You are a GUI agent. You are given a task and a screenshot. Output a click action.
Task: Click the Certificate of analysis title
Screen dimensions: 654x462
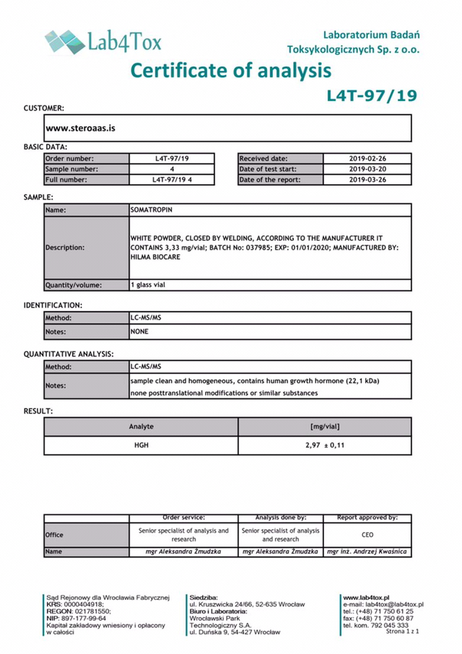(231, 70)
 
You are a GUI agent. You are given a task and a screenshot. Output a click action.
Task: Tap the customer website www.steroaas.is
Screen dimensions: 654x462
(81, 128)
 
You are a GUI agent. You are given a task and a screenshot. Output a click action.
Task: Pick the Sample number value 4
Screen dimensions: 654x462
(172, 169)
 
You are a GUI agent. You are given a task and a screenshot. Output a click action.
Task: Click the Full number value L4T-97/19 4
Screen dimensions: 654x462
(172, 180)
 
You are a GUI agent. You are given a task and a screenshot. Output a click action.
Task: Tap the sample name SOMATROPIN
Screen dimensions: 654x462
(152, 209)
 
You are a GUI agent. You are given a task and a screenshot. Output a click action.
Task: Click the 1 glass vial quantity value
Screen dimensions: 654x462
(148, 284)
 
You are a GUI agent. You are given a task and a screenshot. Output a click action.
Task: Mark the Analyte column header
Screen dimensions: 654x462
(141, 427)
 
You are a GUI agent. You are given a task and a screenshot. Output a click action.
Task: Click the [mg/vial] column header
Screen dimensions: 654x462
(325, 427)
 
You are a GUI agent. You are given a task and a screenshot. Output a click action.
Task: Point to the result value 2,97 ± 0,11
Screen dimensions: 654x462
(325, 445)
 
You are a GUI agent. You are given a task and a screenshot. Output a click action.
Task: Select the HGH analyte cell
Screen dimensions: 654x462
(141, 445)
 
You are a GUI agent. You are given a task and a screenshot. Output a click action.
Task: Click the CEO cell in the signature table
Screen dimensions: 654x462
(367, 535)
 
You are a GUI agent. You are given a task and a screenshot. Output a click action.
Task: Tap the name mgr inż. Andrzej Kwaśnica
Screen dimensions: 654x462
(367, 551)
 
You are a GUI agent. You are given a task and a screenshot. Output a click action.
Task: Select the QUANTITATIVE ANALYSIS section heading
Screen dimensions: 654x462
(69, 354)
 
